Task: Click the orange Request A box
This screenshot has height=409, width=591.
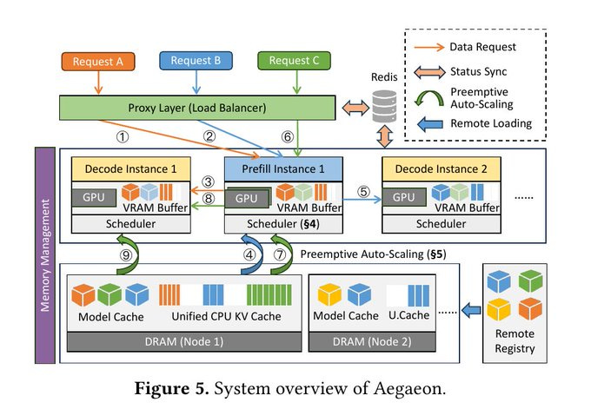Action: (x=96, y=62)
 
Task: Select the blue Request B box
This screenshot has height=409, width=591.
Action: (x=196, y=62)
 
